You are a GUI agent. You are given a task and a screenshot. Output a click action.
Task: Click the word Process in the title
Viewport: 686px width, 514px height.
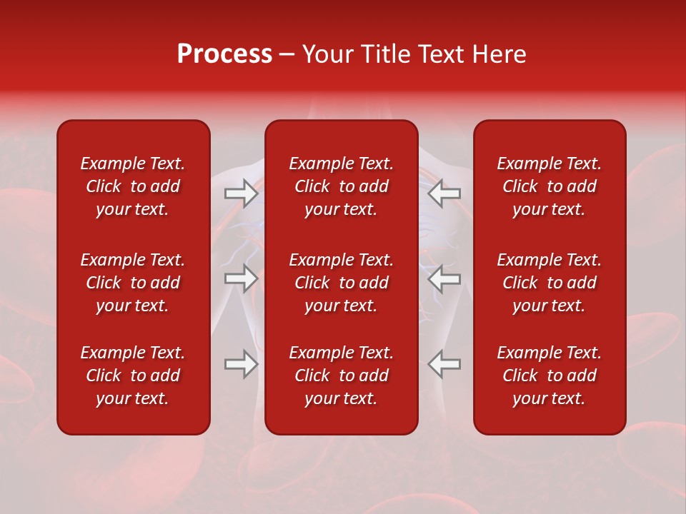click(x=224, y=54)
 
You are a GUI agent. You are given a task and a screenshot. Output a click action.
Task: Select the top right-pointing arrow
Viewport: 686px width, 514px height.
click(x=241, y=193)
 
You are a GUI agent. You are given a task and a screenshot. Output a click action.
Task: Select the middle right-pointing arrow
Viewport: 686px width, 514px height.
click(x=241, y=278)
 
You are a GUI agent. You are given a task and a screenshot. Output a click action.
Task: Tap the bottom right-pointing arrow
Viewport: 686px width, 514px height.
click(x=241, y=364)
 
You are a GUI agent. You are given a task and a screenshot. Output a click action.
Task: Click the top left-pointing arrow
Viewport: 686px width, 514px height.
click(x=444, y=193)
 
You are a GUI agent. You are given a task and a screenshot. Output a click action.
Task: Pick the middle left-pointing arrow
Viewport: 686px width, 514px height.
click(x=444, y=278)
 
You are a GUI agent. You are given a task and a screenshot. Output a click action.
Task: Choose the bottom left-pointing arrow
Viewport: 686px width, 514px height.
click(x=444, y=364)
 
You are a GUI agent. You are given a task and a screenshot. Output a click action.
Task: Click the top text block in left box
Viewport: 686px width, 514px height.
click(x=133, y=186)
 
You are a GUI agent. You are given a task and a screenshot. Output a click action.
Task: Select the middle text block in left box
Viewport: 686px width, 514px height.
click(x=133, y=283)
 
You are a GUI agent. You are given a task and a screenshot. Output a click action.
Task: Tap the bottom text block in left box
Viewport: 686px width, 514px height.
click(x=133, y=376)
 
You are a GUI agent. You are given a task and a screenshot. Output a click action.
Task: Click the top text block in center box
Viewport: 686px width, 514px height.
click(x=341, y=186)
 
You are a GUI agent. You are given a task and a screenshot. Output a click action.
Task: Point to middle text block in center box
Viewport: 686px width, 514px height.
click(x=341, y=283)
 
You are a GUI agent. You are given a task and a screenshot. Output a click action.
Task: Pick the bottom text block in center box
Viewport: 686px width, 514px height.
click(x=341, y=376)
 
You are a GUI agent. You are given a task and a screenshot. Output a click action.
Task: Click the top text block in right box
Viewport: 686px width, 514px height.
click(x=549, y=186)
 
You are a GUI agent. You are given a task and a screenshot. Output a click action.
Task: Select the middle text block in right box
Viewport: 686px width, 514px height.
click(x=549, y=283)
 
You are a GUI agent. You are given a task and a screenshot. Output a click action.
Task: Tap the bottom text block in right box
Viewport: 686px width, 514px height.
click(x=549, y=376)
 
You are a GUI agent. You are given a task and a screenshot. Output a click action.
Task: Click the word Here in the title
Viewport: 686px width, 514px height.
click(x=499, y=54)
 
